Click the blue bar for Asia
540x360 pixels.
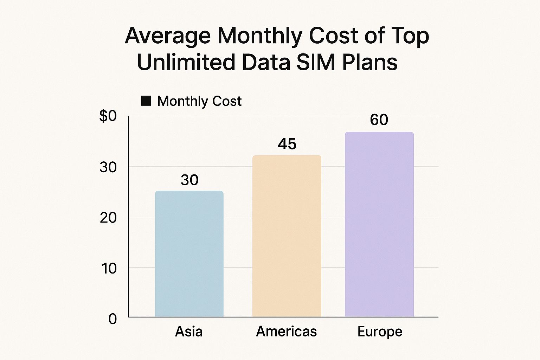189,254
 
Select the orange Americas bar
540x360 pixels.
287,236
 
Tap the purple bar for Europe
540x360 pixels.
379,224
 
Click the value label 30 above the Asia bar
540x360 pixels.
189,180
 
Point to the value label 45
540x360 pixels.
287,144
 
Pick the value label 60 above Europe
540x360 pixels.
379,120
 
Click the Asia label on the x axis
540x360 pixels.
189,332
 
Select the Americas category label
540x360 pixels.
287,332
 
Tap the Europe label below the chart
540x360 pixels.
380,332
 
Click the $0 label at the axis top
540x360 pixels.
108,116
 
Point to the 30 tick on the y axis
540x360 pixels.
108,167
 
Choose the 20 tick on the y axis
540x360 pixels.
108,218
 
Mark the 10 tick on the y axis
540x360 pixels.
109,269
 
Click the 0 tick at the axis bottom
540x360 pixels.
112,319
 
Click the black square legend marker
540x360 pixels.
146,101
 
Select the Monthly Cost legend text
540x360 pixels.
199,101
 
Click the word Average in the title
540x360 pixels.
168,36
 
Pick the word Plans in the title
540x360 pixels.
369,63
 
